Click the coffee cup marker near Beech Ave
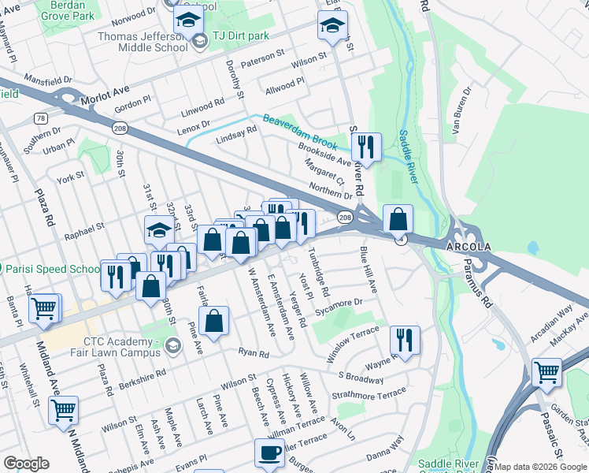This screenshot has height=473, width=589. click(x=269, y=453)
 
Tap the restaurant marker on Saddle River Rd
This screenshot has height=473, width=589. click(x=366, y=147)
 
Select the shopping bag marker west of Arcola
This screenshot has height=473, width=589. click(x=399, y=218)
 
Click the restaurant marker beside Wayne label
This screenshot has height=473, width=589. click(x=405, y=341)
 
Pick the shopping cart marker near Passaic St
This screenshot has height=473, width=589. click(x=546, y=372)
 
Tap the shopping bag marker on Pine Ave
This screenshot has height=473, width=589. click(x=213, y=321)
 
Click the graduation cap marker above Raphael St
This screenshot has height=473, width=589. click(x=159, y=231)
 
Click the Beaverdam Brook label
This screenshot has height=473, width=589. click(x=300, y=132)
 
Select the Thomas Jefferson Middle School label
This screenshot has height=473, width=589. click(x=141, y=42)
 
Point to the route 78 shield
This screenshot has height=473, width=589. click(x=40, y=118)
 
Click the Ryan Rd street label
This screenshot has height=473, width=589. click(x=253, y=355)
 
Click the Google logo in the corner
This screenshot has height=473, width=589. click(x=26, y=464)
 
